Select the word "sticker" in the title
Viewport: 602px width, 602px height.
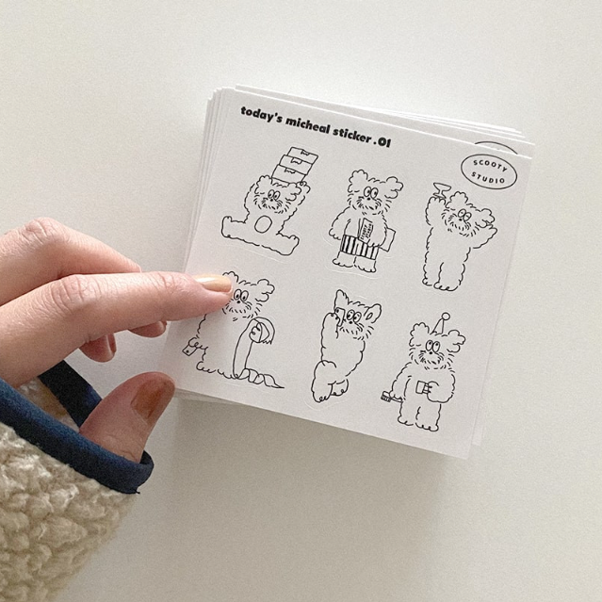[355, 132]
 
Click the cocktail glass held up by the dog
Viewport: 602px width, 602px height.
[439, 191]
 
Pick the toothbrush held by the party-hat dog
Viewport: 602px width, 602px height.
[389, 393]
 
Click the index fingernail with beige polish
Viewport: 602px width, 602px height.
[214, 283]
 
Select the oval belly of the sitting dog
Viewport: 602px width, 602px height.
[264, 226]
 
